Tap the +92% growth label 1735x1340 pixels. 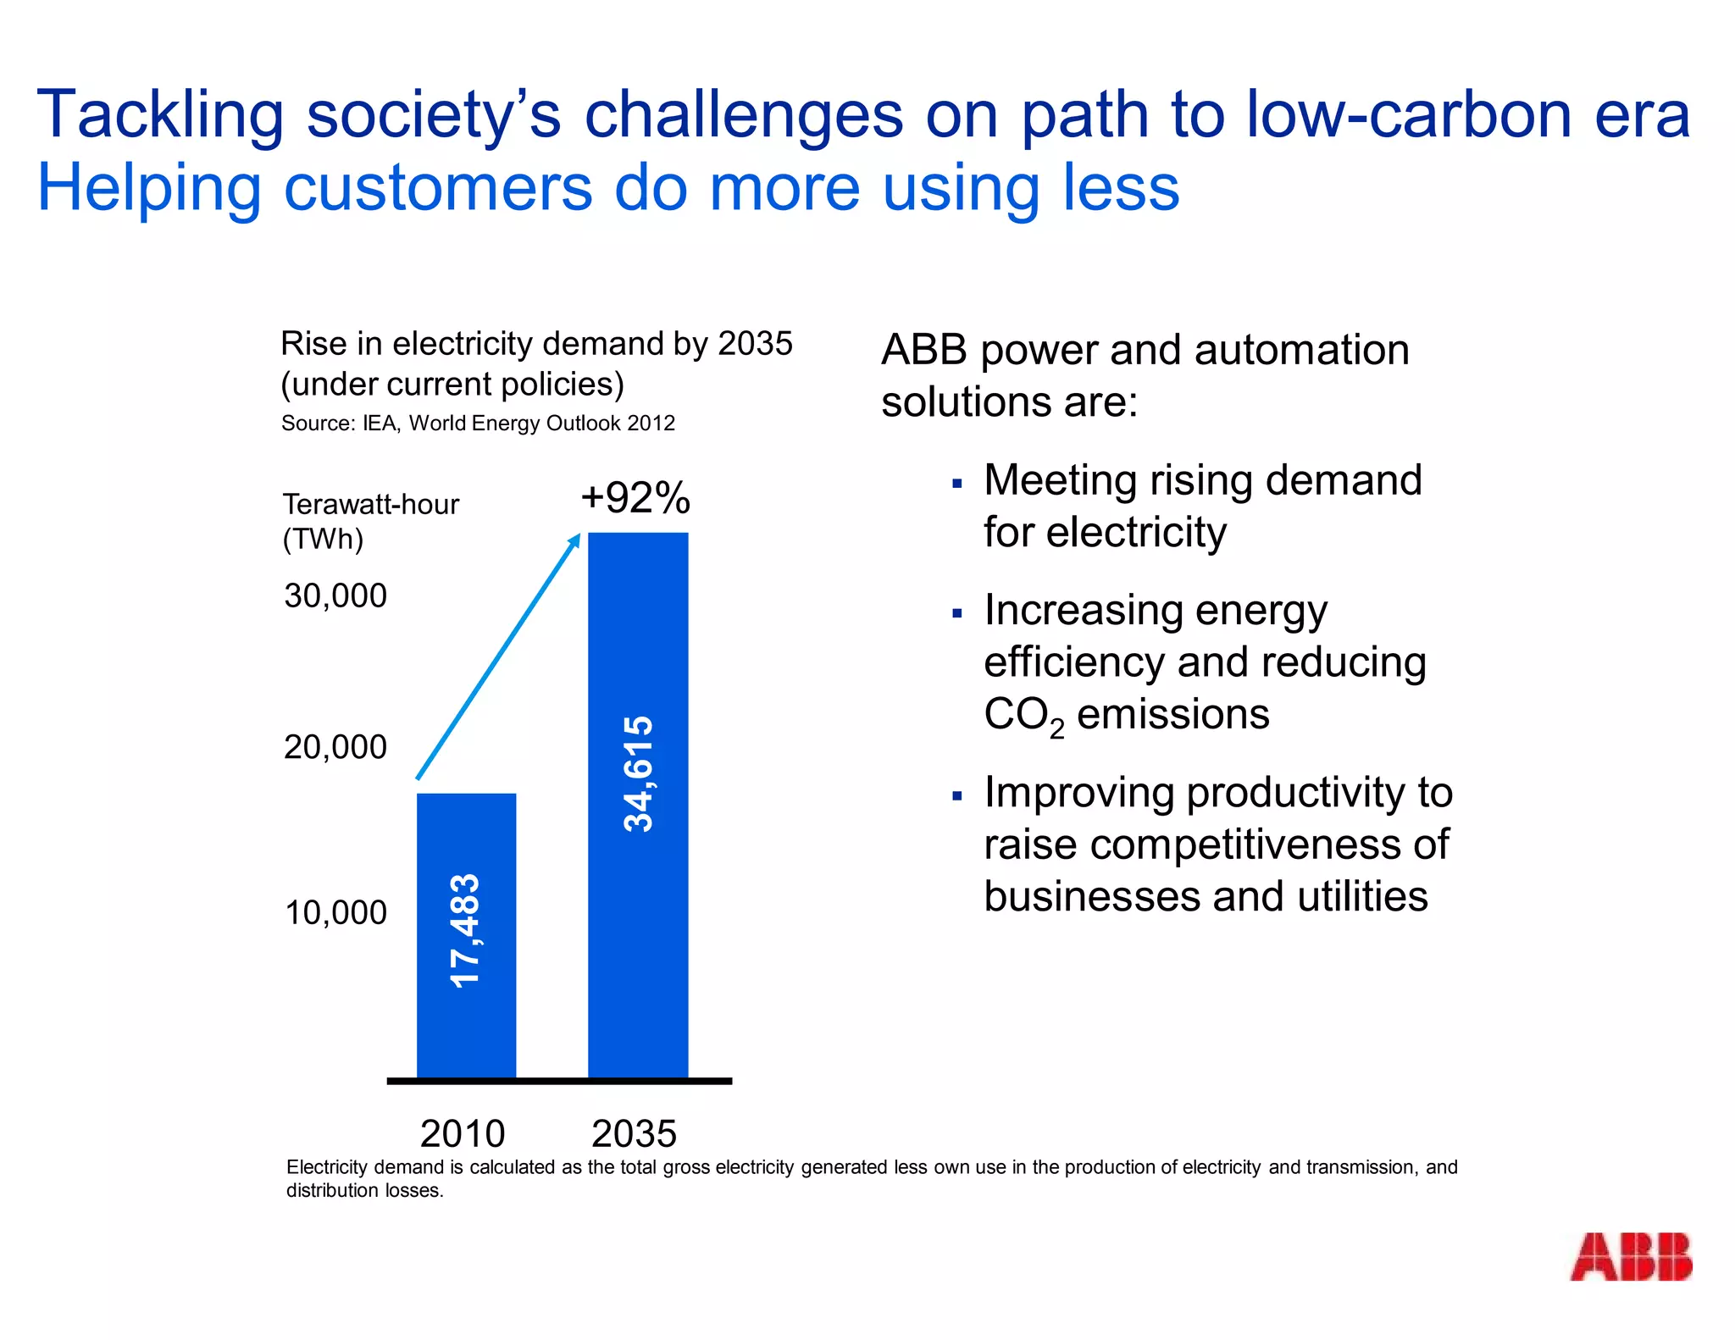pyautogui.click(x=635, y=497)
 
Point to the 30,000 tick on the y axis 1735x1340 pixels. pyautogui.click(x=335, y=595)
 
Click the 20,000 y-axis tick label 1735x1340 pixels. pyautogui.click(x=335, y=747)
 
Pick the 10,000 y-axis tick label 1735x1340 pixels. pyautogui.click(x=335, y=912)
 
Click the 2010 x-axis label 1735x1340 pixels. pyautogui.click(x=463, y=1132)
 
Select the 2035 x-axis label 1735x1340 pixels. pyautogui.click(x=634, y=1132)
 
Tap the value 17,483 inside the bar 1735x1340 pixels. pyautogui.click(x=465, y=930)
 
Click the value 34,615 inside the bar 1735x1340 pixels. pyautogui.click(x=638, y=773)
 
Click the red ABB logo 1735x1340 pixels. pyautogui.click(x=1630, y=1256)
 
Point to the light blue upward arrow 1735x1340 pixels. pyautogui.click(x=498, y=656)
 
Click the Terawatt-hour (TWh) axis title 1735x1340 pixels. pyautogui.click(x=370, y=521)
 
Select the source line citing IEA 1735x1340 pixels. pyautogui.click(x=478, y=423)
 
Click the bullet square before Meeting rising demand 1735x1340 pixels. pyautogui.click(x=957, y=484)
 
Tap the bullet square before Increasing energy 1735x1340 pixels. pyautogui.click(x=957, y=613)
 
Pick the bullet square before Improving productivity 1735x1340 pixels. pyautogui.click(x=957, y=795)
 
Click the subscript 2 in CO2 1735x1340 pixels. pyautogui.click(x=1056, y=728)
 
